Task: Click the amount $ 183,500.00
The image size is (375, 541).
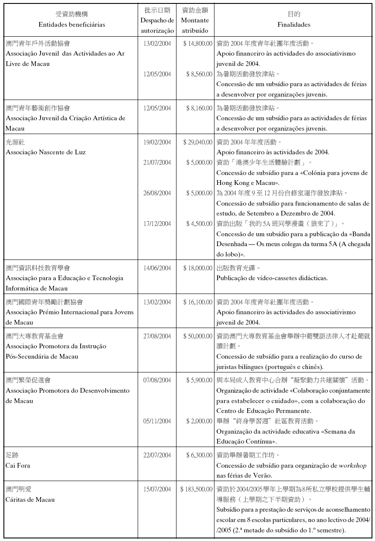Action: pyautogui.click(x=198, y=489)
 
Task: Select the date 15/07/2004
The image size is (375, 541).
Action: pyautogui.click(x=157, y=489)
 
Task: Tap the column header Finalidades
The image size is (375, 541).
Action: pyautogui.click(x=294, y=25)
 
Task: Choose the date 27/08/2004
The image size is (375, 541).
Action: pyautogui.click(x=157, y=336)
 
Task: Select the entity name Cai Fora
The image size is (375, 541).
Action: pyautogui.click(x=18, y=466)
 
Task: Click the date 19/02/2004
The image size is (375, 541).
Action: pyautogui.click(x=157, y=142)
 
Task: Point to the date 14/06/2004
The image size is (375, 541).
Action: pyautogui.click(x=157, y=268)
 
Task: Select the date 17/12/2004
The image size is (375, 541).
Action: pyautogui.click(x=157, y=224)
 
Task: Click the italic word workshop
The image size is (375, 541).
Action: pyautogui.click(x=353, y=466)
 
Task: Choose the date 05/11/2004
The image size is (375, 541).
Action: pyautogui.click(x=157, y=421)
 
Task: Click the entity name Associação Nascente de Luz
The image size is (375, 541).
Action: pyautogui.click(x=46, y=152)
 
